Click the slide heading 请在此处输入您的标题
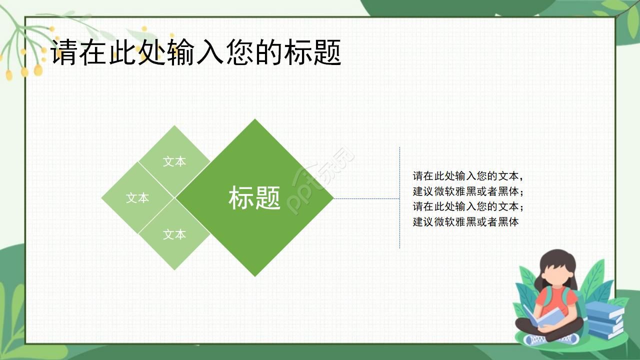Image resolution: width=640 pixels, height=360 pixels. click(196, 52)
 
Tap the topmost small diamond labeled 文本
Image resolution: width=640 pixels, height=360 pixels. click(174, 155)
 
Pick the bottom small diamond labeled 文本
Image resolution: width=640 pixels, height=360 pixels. click(174, 240)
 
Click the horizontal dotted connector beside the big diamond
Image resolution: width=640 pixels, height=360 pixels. click(366, 198)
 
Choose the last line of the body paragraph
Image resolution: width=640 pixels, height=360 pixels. click(465, 222)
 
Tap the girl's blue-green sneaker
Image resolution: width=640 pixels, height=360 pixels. click(535, 339)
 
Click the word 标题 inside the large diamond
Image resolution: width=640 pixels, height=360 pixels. click(254, 198)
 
